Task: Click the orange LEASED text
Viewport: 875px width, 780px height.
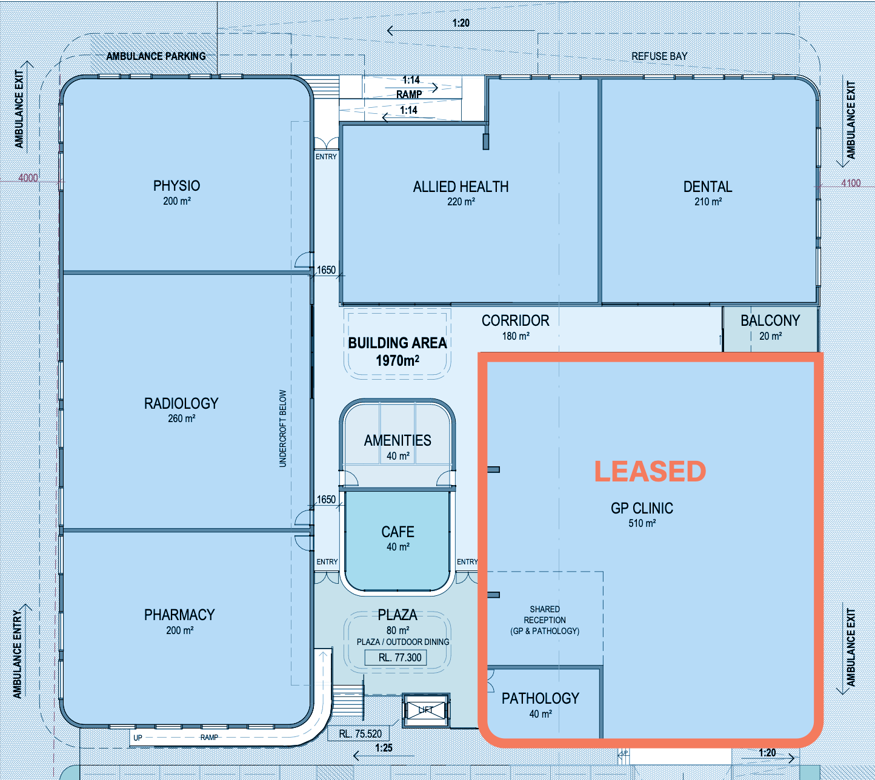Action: point(650,471)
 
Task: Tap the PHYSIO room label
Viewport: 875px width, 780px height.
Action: point(177,185)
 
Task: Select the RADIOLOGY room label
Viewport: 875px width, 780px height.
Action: point(181,403)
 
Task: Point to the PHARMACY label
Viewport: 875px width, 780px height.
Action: point(179,615)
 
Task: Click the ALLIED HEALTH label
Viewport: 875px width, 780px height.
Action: point(461,187)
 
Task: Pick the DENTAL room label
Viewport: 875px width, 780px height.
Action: point(707,187)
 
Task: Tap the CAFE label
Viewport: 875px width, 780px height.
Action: point(398,532)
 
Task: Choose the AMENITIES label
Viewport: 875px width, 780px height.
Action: point(398,440)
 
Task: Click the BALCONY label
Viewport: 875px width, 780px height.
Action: point(770,320)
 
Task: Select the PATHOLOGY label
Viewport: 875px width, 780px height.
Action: point(541,698)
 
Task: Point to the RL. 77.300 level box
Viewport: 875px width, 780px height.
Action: point(396,658)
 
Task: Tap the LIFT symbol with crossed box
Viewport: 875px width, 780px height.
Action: point(426,710)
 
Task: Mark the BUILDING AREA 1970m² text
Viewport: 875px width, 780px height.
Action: point(398,352)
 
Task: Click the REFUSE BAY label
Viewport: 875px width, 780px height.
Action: point(659,56)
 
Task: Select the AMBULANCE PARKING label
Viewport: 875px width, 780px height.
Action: point(156,56)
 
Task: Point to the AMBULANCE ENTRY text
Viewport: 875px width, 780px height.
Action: point(18,654)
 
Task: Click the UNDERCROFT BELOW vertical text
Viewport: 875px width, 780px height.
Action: point(282,428)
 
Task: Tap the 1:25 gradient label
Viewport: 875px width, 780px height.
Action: point(384,748)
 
